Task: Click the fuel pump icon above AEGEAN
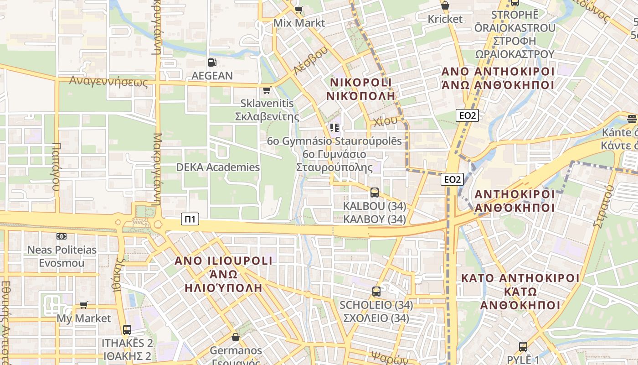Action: (212, 63)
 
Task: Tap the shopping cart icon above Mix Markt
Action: (299, 9)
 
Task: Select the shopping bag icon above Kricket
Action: (445, 6)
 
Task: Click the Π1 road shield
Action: (190, 219)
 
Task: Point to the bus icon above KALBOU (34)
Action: (375, 193)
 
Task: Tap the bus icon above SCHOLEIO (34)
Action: (376, 291)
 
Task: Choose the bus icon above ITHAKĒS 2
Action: (127, 329)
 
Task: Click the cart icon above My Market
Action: (84, 305)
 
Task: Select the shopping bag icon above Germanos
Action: (236, 337)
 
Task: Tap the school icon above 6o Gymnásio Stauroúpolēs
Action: (334, 128)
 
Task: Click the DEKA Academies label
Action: (218, 167)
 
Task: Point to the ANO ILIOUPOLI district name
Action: (224, 261)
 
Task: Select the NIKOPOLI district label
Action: (361, 83)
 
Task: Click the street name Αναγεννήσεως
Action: (108, 82)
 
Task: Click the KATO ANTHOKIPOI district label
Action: (520, 278)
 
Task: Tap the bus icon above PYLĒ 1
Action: (523, 347)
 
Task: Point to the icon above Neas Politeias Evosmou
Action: (62, 236)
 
